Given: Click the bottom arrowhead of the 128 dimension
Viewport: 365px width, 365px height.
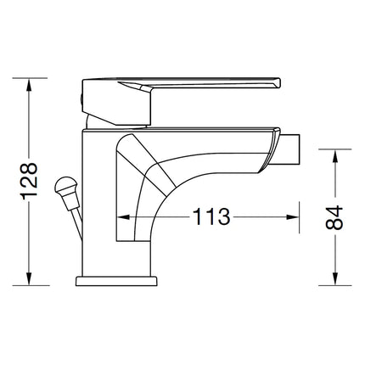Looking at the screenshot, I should coord(31,278).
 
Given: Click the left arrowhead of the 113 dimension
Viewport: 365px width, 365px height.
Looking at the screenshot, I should coord(120,217).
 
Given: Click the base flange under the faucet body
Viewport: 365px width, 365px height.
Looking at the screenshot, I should coord(116,280).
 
